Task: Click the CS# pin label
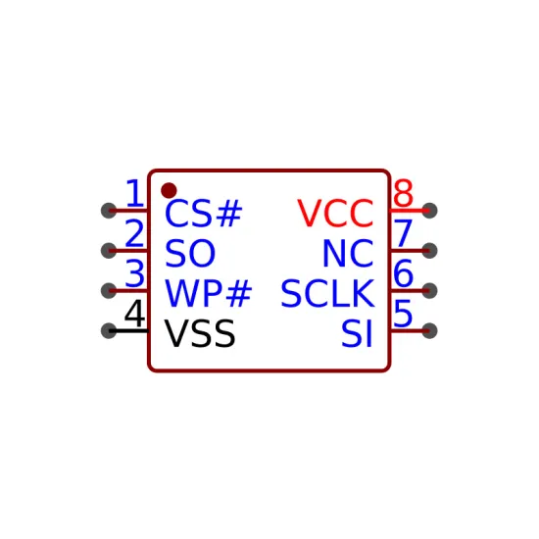[x=204, y=214]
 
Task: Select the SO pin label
[x=190, y=254]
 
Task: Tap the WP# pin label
[x=209, y=294]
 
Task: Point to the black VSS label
[x=200, y=333]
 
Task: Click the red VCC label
[x=335, y=214]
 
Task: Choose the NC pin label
[x=348, y=254]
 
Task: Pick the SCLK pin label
[x=327, y=294]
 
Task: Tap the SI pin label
[x=357, y=333]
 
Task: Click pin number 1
[x=134, y=193]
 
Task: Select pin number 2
[x=134, y=234]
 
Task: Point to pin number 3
[x=135, y=274]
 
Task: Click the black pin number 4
[x=135, y=314]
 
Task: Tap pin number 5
[x=403, y=314]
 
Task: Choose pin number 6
[x=403, y=273]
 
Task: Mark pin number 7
[x=403, y=234]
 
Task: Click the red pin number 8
[x=403, y=193]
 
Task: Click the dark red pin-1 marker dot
[x=169, y=190]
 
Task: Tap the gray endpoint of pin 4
[x=109, y=330]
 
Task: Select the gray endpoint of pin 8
[x=429, y=211]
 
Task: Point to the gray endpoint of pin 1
[x=109, y=211]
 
